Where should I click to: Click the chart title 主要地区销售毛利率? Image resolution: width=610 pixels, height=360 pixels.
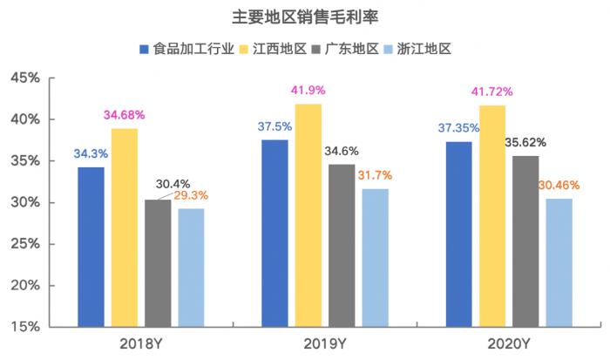pyautogui.click(x=305, y=16)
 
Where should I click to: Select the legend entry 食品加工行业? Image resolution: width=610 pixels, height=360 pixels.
pyautogui.click(x=187, y=49)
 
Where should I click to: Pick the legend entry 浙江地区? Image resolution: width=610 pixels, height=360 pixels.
pyautogui.click(x=421, y=49)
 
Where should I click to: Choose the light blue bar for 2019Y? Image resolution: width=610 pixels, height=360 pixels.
pyautogui.click(x=376, y=257)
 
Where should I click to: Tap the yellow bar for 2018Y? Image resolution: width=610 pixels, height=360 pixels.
pyautogui.click(x=124, y=228)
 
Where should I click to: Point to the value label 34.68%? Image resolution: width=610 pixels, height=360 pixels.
pyautogui.click(x=124, y=114)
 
